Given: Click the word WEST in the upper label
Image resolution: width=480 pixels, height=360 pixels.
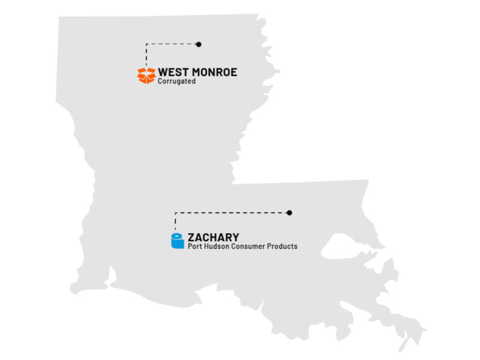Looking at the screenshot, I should point(171,73).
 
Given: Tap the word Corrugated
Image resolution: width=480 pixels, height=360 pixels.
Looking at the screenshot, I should point(176,82).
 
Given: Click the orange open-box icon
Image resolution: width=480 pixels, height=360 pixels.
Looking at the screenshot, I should point(146,76).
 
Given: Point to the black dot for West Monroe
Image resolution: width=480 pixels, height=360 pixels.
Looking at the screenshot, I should point(199,44).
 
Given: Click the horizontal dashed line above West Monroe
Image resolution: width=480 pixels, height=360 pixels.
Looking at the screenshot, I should point(172,44).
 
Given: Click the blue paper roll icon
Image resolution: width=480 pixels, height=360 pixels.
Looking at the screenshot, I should point(176,241).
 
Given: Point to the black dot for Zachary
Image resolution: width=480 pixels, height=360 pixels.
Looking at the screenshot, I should point(289,212).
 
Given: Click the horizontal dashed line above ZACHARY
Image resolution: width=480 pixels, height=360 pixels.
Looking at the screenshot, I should point(231,212).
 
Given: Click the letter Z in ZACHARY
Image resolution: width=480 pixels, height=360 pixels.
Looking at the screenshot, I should point(191,236).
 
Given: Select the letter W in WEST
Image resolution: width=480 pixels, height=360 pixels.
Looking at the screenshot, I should point(163,73).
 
